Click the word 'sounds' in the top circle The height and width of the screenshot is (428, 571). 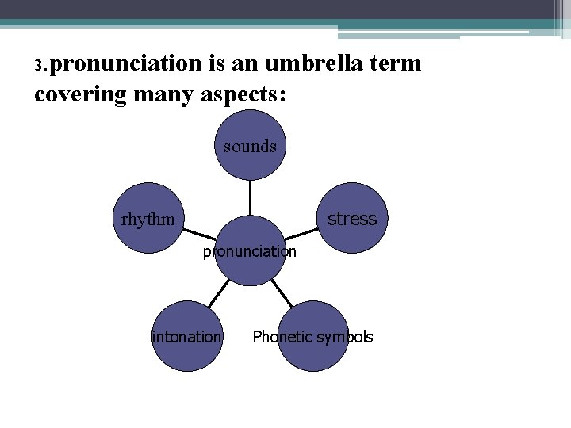click(x=250, y=146)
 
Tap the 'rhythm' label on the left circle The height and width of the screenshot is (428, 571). click(x=148, y=219)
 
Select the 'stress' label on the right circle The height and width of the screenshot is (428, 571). click(x=352, y=219)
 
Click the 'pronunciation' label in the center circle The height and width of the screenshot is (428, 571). click(x=250, y=252)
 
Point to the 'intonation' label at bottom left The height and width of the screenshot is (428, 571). click(x=186, y=337)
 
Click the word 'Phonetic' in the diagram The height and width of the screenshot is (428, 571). click(x=282, y=337)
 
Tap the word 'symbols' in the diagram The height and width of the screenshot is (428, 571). click(x=344, y=337)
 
